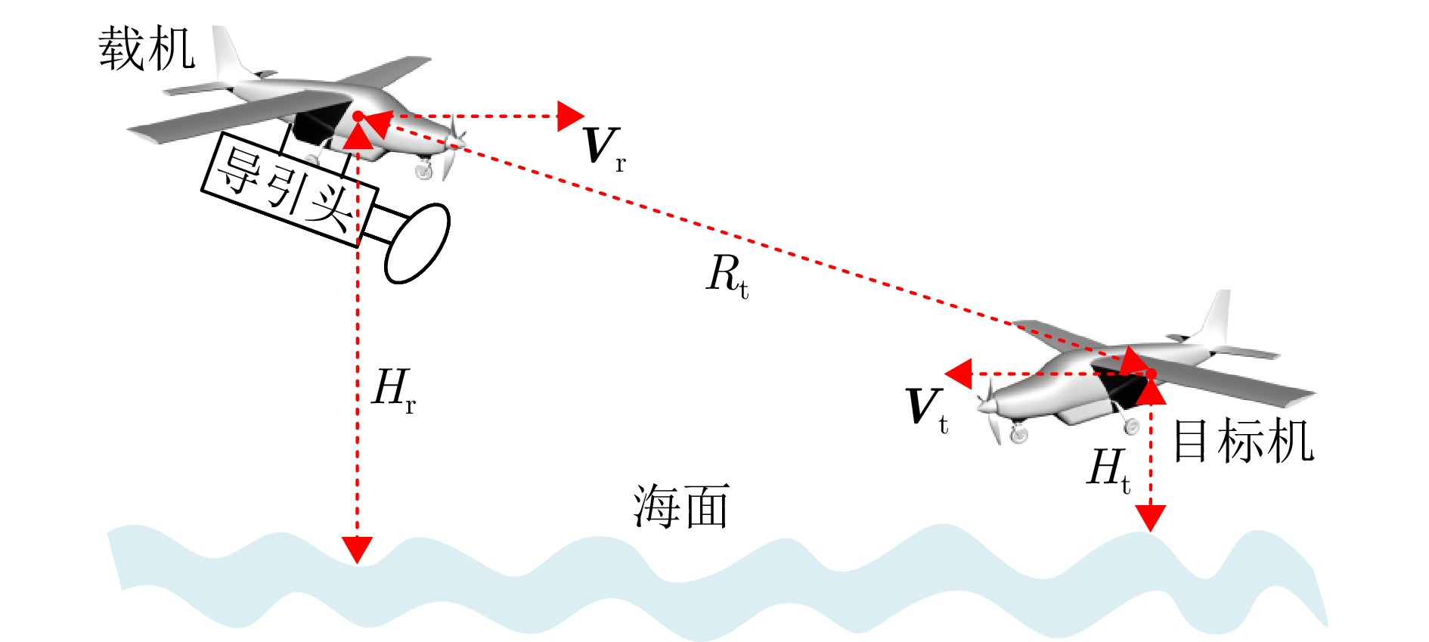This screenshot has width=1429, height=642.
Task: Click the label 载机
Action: tap(147, 50)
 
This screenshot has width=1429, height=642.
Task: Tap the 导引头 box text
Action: tap(286, 189)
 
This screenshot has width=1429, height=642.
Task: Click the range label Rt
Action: tap(727, 275)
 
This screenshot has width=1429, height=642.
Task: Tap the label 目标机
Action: tap(1243, 442)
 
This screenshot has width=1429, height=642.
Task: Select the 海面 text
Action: tap(680, 507)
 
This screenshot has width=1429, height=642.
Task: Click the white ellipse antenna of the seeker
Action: tap(417, 243)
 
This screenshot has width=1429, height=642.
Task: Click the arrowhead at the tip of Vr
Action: tap(569, 116)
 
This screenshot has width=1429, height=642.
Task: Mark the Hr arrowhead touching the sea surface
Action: tap(357, 549)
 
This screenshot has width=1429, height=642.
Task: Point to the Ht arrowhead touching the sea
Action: tap(1150, 518)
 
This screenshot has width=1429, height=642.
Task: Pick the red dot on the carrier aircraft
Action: tap(358, 116)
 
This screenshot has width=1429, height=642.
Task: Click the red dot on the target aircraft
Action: tap(1150, 374)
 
